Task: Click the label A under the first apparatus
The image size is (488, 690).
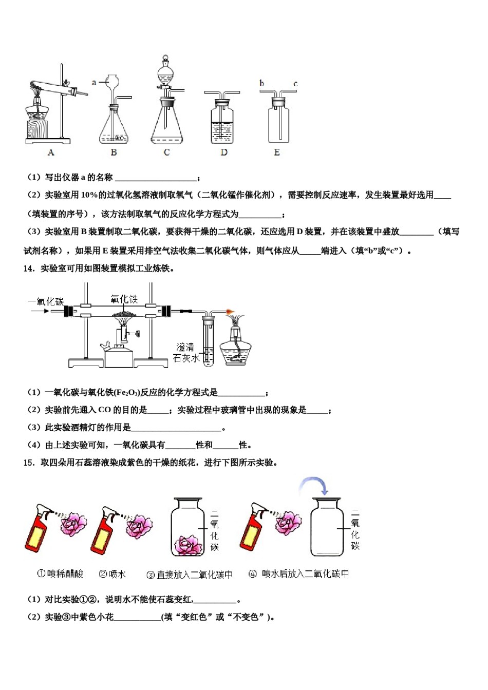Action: pos(51,152)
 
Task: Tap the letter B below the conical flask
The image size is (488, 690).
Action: pos(114,152)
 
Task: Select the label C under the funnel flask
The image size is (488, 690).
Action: pos(166,152)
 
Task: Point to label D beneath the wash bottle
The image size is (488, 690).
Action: pos(224,152)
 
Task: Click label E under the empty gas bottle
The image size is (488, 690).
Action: pos(277,152)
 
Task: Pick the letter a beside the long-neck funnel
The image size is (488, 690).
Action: pos(94,82)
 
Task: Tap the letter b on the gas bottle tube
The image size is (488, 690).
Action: pos(262,83)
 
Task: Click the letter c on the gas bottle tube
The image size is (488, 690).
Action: pos(295,84)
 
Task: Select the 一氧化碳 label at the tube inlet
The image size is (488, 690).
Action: pos(46,301)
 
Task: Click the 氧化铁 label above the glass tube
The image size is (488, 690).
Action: pos(124,299)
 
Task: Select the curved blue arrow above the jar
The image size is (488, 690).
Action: pos(314,484)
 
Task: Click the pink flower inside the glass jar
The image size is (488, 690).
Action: pos(187,545)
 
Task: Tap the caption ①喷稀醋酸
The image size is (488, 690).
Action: pos(60,574)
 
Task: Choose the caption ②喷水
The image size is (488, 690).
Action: pos(112,574)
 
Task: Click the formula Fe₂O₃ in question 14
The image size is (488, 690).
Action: pos(126,393)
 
